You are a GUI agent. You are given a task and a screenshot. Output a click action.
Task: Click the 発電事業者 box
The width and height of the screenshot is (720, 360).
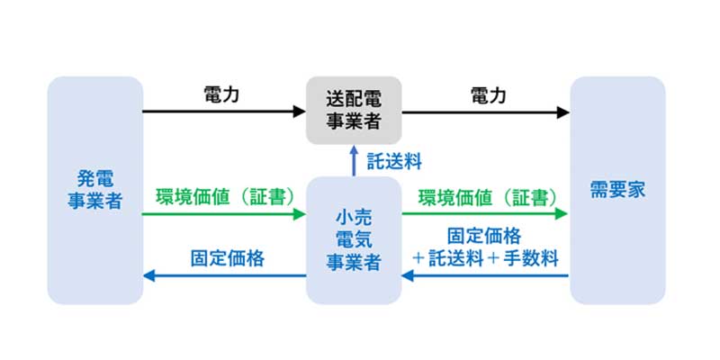pyautogui.click(x=94, y=190)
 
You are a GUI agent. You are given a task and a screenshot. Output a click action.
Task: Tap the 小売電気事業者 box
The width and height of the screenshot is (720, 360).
pyautogui.click(x=354, y=239)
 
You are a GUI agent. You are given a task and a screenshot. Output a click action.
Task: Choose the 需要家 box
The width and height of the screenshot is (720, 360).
pyautogui.click(x=617, y=190)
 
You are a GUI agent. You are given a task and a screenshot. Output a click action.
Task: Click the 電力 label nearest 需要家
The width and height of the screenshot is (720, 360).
pyautogui.click(x=487, y=94)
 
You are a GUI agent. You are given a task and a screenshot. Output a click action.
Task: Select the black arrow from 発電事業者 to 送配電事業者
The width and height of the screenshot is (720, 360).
pyautogui.click(x=225, y=112)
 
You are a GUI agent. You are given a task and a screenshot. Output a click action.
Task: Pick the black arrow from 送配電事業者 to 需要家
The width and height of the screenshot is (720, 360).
pyautogui.click(x=486, y=112)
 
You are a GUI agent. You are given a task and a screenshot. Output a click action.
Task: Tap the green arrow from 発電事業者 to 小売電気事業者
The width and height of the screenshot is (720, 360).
pyautogui.click(x=225, y=214)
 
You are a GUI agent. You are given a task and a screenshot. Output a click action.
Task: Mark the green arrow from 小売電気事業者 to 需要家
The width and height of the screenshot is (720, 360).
pyautogui.click(x=486, y=214)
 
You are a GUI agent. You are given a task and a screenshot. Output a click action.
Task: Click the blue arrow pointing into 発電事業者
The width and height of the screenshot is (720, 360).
pyautogui.click(x=225, y=275)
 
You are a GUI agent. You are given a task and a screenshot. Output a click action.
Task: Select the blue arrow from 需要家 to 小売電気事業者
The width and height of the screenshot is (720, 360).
pyautogui.click(x=486, y=275)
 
